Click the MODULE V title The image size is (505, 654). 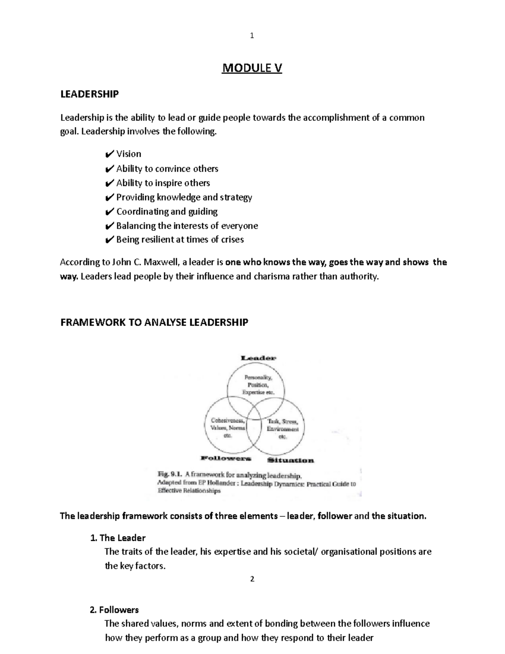click(x=252, y=68)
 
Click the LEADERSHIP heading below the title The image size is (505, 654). click(x=89, y=94)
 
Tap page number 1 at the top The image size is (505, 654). click(x=252, y=36)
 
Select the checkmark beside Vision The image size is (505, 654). click(x=109, y=154)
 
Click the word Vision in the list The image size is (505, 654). click(x=128, y=154)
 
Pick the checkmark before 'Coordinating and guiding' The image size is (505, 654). click(x=109, y=211)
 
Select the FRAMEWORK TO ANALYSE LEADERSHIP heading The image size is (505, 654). click(x=154, y=323)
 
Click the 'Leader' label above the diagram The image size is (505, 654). click(x=258, y=358)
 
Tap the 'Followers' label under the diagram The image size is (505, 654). click(x=226, y=458)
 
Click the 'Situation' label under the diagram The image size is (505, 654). click(x=290, y=460)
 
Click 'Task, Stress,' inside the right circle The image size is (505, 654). click(x=283, y=421)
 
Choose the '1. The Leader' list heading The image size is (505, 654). click(x=118, y=538)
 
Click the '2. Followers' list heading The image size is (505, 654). click(x=114, y=610)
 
